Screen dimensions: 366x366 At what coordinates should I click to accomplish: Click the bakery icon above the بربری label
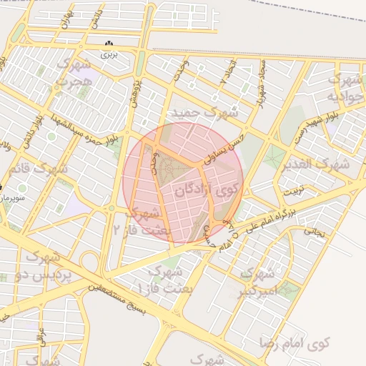tap(109, 44)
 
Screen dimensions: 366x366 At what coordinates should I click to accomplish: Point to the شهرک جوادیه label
tap(341, 87)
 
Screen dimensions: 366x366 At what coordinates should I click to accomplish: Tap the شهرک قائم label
tap(39, 169)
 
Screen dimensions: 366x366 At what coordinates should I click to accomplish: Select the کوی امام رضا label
tap(301, 344)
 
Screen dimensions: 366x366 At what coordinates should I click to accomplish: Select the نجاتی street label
tap(315, 232)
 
